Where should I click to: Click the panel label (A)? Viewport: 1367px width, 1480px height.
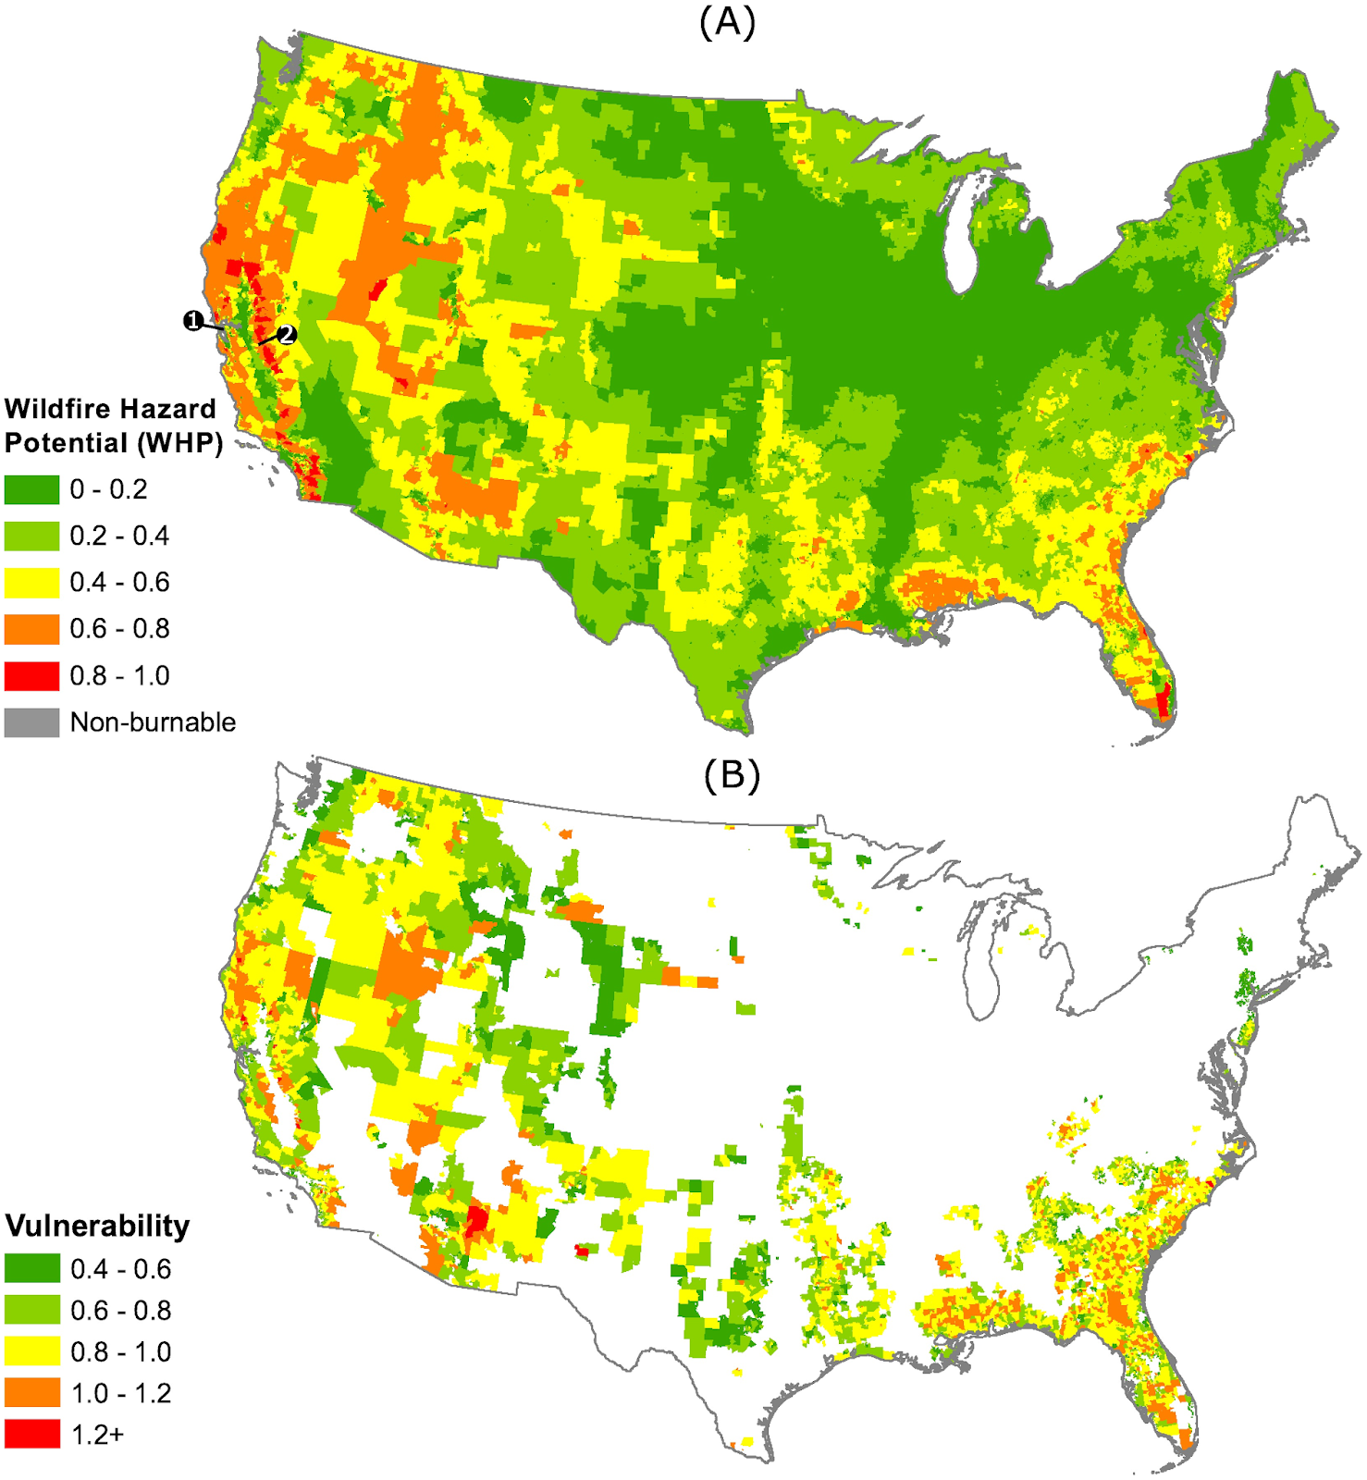[x=727, y=22]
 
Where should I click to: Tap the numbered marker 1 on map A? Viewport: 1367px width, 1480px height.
[x=193, y=321]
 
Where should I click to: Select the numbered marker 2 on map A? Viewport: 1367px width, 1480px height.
[x=287, y=335]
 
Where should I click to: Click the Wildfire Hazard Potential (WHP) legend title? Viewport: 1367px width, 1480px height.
[x=113, y=425]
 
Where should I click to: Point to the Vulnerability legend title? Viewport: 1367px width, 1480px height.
[x=97, y=1226]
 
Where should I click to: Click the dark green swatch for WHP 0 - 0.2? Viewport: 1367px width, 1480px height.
[x=31, y=489]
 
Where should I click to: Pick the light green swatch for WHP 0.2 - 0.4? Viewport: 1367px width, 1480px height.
[x=31, y=536]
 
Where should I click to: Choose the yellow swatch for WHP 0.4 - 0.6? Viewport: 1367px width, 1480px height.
[x=31, y=583]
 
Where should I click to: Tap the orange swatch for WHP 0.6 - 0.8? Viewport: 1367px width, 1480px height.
[x=31, y=629]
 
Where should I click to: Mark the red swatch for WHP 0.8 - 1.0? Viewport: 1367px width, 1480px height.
[x=31, y=676]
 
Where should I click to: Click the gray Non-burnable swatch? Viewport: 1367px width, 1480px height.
[x=31, y=722]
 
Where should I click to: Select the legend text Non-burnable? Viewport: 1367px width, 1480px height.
[x=153, y=722]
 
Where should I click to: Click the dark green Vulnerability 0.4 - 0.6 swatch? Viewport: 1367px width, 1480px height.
[x=31, y=1269]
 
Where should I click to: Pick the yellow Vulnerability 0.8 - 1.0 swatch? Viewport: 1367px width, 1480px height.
[x=31, y=1351]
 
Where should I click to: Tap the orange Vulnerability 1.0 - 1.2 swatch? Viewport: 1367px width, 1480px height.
[x=31, y=1393]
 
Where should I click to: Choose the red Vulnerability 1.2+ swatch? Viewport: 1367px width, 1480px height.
[x=31, y=1435]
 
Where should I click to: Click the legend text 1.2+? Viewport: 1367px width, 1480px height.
[x=97, y=1435]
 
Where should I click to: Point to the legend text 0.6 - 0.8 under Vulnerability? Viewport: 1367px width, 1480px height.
[x=120, y=1311]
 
